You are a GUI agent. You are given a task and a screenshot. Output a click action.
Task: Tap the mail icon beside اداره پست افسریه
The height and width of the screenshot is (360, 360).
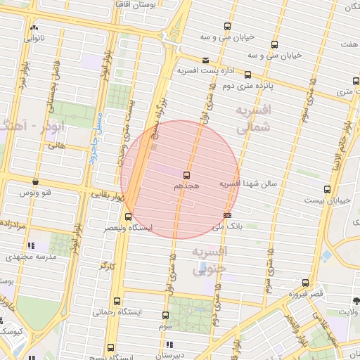pyautogui.click(x=205, y=60)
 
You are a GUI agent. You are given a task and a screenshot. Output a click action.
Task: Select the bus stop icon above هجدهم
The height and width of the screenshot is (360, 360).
pyautogui.click(x=186, y=174)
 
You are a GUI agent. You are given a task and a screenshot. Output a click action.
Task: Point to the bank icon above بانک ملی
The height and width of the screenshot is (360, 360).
pyautogui.click(x=227, y=215)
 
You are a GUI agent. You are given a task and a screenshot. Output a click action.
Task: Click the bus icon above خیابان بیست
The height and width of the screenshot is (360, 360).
pyautogui.click(x=327, y=189)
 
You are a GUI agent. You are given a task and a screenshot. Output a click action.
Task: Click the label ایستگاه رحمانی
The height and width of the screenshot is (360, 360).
pyautogui.click(x=117, y=311)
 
